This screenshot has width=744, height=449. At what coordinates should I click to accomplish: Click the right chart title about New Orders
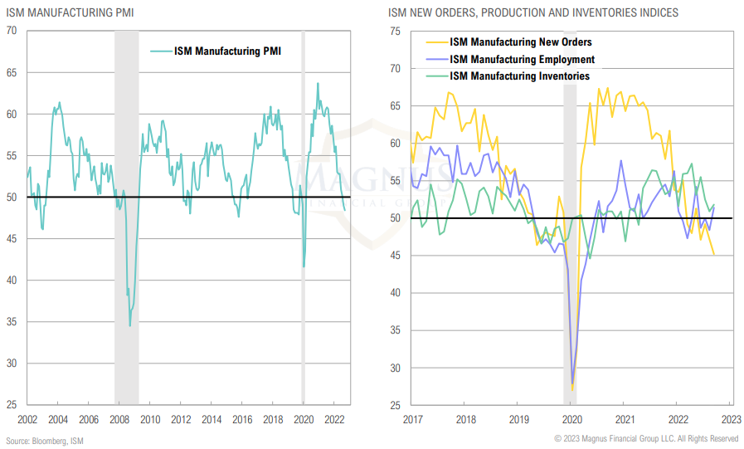point(532,12)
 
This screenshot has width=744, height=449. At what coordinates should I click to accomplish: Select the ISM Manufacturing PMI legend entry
point(226,51)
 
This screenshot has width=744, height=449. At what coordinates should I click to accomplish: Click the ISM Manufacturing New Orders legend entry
point(520,41)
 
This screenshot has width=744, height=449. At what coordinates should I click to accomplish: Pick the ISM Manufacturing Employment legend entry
point(522,59)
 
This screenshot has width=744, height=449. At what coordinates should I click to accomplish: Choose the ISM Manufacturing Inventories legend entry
point(519,76)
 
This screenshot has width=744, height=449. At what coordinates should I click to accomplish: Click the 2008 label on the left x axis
point(119,420)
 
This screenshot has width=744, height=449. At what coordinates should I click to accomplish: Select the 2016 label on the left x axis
point(241,420)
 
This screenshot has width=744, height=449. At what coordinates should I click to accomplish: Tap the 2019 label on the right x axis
point(518,420)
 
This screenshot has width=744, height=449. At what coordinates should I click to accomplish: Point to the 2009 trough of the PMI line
point(129,325)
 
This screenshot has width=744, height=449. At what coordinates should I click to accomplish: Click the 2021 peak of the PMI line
point(317,83)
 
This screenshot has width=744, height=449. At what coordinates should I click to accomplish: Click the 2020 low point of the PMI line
point(304,266)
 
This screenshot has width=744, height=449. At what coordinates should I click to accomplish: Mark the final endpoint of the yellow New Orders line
point(715,255)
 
